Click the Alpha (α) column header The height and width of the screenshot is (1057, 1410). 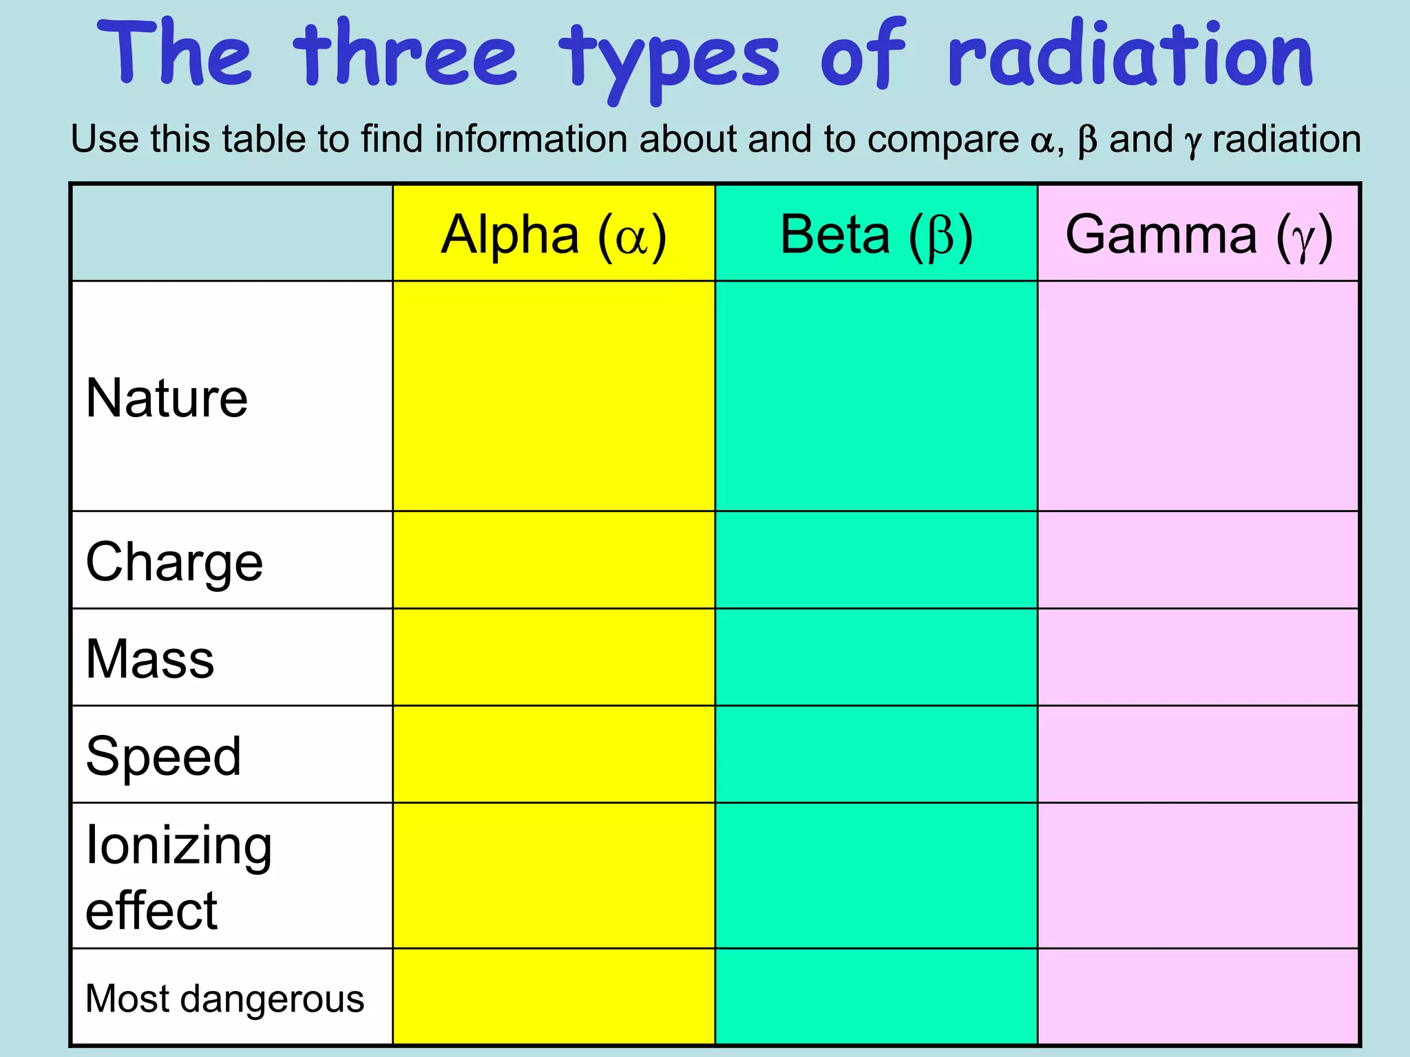(x=554, y=235)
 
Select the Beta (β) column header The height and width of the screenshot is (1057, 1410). (x=876, y=235)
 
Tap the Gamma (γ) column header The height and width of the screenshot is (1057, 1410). (x=1199, y=235)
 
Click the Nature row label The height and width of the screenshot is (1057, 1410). (x=167, y=398)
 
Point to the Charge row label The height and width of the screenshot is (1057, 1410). (x=174, y=562)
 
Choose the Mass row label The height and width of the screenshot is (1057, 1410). (x=150, y=659)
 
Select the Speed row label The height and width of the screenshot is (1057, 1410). (x=163, y=756)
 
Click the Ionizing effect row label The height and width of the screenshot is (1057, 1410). (x=179, y=877)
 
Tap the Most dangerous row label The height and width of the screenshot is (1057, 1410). (x=224, y=999)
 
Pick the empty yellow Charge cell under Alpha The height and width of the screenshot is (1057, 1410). (x=554, y=560)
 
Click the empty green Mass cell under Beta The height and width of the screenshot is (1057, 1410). (x=876, y=657)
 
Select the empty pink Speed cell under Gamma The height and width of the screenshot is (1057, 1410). (x=1199, y=754)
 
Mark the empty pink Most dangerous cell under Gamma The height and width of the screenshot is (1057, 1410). (x=1199, y=997)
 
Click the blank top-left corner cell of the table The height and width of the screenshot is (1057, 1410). (x=232, y=233)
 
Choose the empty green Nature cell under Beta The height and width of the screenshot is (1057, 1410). (x=876, y=396)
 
